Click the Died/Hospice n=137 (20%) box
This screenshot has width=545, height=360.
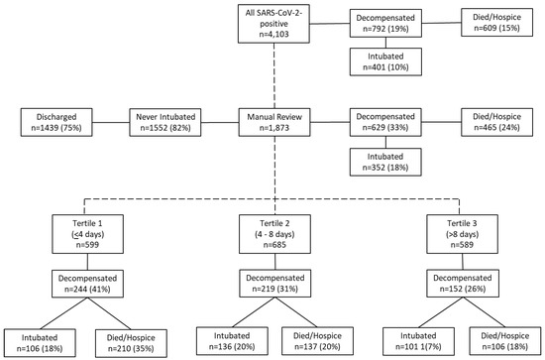pyautogui.click(x=318, y=334)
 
